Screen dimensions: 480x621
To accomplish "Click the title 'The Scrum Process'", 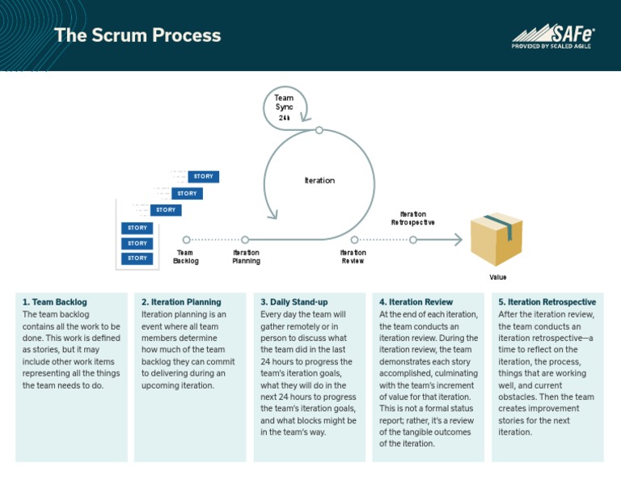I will tap(137, 36).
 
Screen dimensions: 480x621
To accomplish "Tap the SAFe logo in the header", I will tap(553, 33).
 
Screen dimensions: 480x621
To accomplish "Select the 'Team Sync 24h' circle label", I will tap(284, 107).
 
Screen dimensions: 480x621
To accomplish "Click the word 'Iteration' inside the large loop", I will tap(319, 180).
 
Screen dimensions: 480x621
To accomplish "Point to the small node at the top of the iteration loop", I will tap(319, 130).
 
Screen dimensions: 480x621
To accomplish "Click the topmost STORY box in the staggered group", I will tap(203, 176).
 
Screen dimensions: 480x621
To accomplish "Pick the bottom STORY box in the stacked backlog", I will tap(137, 259).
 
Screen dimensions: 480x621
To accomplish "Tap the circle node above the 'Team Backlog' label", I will tap(186, 239).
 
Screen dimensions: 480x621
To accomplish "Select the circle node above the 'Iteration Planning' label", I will tap(245, 239).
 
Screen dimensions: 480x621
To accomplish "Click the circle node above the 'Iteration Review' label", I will tap(354, 239).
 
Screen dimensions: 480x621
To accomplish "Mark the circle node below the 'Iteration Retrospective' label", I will tap(413, 239).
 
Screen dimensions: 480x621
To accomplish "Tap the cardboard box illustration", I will tap(497, 239).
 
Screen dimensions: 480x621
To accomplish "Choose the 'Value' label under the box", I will tap(498, 277).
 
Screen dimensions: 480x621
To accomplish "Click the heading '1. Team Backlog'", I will tap(54, 302).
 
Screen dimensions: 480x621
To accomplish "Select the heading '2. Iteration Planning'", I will tap(181, 302).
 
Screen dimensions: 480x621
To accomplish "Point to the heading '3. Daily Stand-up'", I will tap(294, 302).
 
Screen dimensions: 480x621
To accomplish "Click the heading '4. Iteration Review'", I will tap(416, 302).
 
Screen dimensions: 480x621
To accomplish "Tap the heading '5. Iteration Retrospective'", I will tap(547, 302).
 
